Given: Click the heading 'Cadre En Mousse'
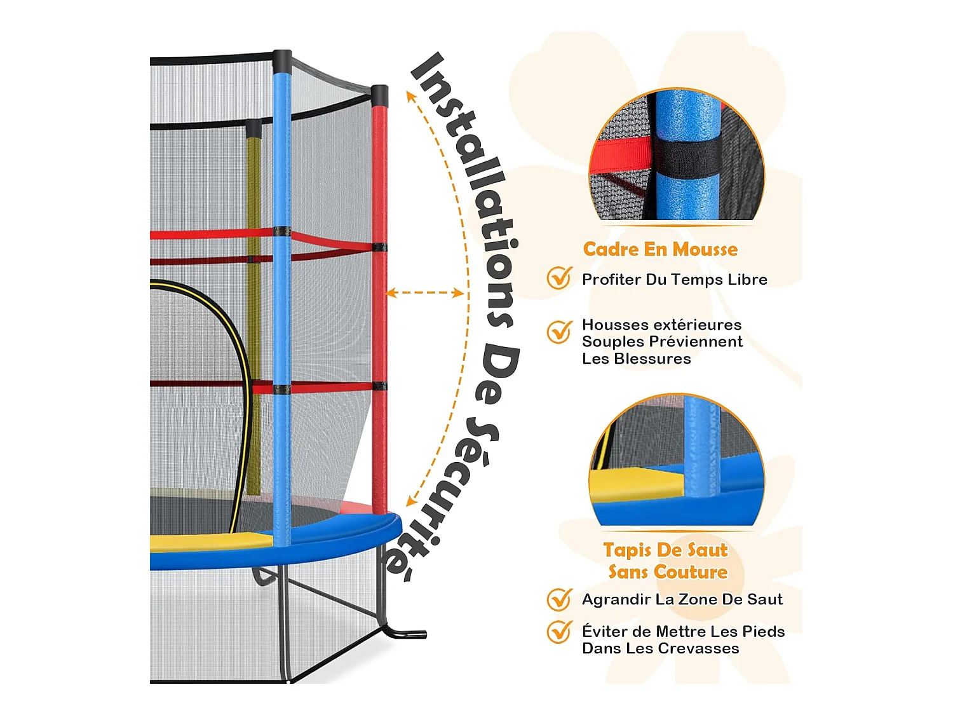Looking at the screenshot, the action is [x=659, y=249].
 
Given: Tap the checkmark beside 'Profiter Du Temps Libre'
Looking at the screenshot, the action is [x=559, y=278].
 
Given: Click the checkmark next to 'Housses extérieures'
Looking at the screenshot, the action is [x=559, y=332].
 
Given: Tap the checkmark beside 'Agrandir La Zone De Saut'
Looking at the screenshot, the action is [x=559, y=599].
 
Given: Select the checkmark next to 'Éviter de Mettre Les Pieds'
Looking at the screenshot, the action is [x=559, y=632].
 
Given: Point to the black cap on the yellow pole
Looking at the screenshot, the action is [x=253, y=128].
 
